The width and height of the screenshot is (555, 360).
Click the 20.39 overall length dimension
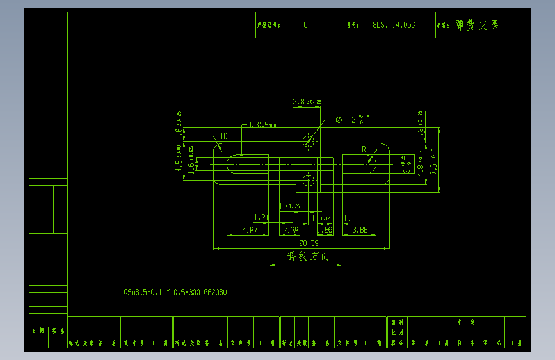[309, 243]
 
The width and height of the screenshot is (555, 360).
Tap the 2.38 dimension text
[291, 229]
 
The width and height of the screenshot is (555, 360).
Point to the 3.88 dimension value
[360, 229]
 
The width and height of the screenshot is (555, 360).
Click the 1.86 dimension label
[325, 229]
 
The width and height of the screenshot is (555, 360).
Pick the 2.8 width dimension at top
[299, 102]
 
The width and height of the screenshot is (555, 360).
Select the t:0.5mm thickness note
[263, 125]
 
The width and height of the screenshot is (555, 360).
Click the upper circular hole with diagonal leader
[309, 141]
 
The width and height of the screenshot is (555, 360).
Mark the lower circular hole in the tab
[309, 181]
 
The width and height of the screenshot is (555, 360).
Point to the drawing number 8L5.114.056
[393, 25]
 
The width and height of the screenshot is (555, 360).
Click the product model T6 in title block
[303, 25]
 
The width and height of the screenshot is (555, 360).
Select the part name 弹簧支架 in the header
[477, 25]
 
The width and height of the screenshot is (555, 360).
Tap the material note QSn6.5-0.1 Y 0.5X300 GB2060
[175, 292]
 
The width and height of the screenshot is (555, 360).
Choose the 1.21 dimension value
[261, 218]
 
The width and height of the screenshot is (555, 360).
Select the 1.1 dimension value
[350, 218]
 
